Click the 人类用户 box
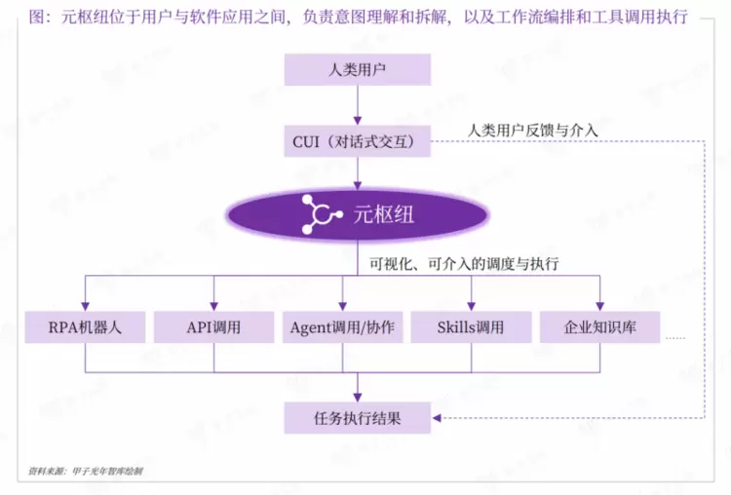358,70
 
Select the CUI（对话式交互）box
358,142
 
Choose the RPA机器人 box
85,327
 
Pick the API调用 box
213,327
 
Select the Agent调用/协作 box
342,327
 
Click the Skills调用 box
471,327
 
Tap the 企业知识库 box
599,327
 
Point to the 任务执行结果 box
358,419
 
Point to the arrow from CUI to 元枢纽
358,172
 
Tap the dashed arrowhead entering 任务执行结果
436,419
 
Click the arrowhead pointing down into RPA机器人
85,306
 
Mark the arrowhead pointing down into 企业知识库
599,306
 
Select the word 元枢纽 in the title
83,18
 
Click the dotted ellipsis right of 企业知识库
675,337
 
